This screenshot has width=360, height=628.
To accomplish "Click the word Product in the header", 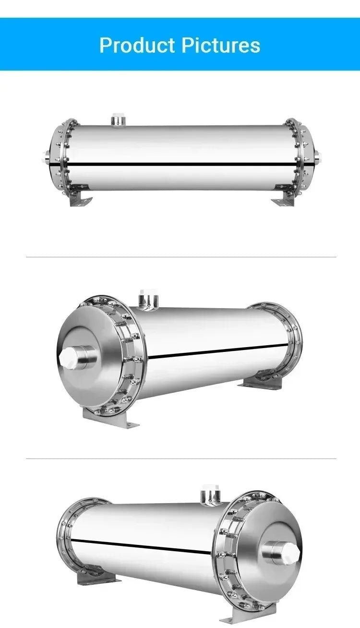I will coord(137,45).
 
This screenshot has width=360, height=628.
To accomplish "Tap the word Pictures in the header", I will coord(220,45).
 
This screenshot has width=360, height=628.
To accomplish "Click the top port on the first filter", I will coord(117,119).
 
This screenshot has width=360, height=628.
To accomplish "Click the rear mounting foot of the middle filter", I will coord(254,383).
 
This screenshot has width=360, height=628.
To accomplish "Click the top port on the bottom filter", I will coord(210,494).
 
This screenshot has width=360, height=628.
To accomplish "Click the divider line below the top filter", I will coord(180,257).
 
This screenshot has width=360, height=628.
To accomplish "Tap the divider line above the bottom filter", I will coord(180,459).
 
